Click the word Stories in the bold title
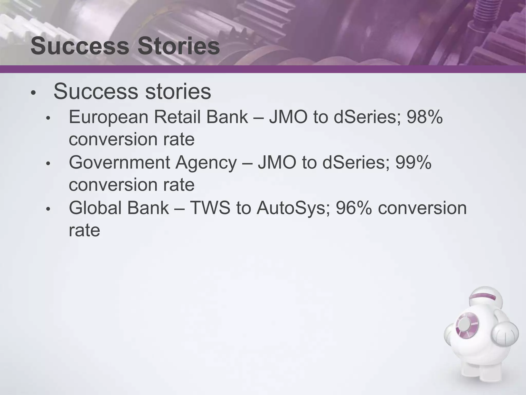[x=179, y=46]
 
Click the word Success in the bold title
[x=80, y=46]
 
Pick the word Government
[x=119, y=163]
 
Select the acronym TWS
[x=210, y=208]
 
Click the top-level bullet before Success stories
[x=33, y=93]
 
